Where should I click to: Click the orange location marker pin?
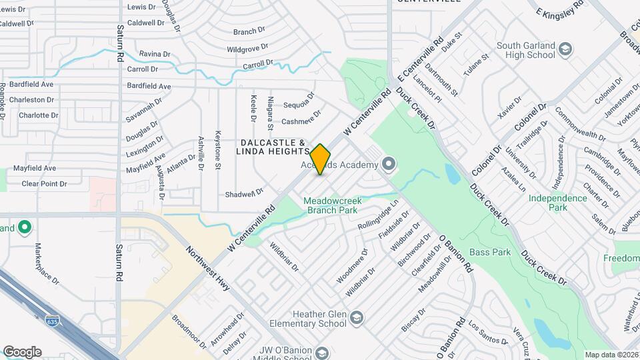click(321, 159)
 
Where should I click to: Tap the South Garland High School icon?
click(565, 49)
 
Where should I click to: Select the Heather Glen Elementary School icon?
click(357, 317)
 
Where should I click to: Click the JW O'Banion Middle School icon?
click(323, 353)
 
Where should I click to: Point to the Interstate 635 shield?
click(52, 321)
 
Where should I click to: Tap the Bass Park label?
click(489, 252)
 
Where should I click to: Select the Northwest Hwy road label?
click(208, 269)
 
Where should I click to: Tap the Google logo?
click(22, 351)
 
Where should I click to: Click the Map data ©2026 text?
click(611, 355)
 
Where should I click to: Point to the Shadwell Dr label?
click(245, 193)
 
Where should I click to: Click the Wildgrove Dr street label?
click(247, 48)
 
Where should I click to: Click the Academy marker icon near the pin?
click(389, 163)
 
